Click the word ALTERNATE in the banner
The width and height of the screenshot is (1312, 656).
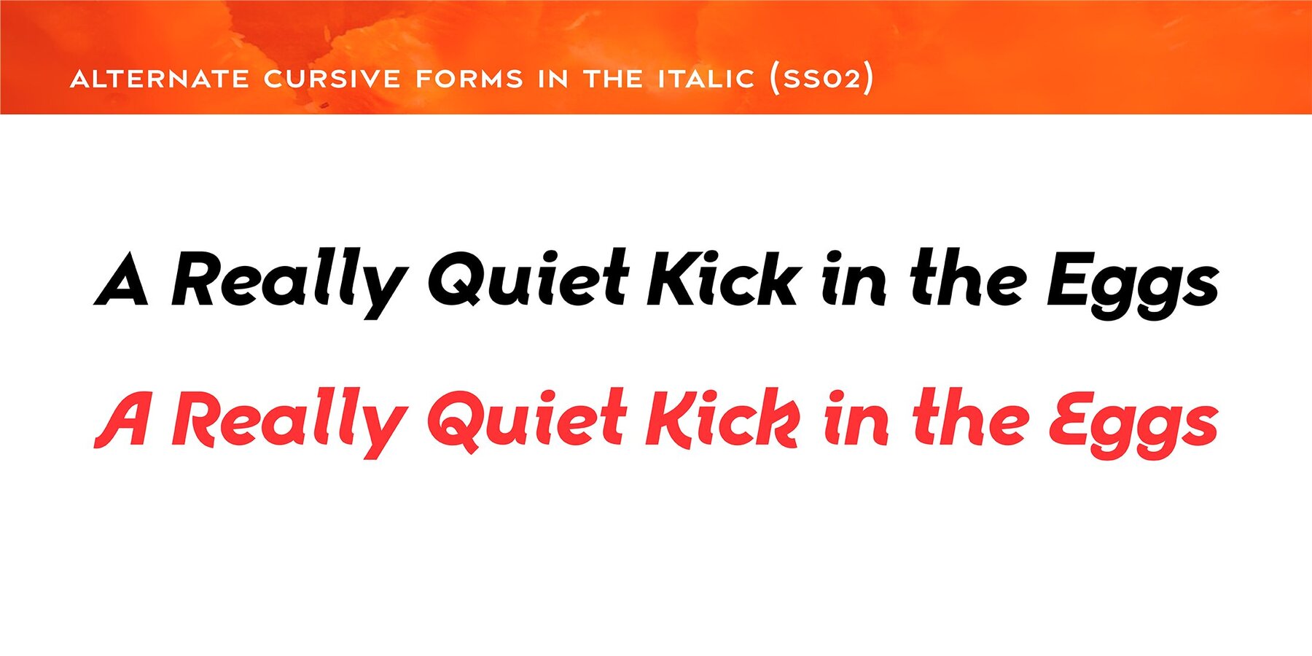click(160, 79)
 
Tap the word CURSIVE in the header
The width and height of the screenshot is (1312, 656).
click(332, 79)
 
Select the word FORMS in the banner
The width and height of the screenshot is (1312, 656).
click(469, 79)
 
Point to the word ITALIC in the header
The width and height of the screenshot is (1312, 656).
click(706, 79)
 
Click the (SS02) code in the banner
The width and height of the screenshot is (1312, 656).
click(821, 79)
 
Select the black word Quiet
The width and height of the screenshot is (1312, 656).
click(528, 278)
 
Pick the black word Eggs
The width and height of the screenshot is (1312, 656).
click(1133, 285)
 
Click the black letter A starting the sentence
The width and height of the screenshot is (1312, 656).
click(122, 278)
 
